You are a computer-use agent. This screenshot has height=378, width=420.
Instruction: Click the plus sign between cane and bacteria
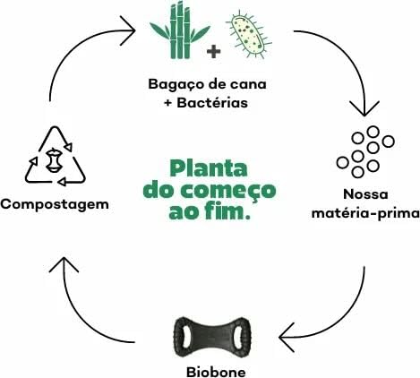(x=213, y=51)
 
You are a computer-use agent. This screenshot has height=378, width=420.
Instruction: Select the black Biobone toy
(x=210, y=338)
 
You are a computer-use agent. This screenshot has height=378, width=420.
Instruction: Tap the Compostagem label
(x=55, y=203)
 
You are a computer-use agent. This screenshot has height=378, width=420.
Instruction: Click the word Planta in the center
(x=210, y=168)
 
